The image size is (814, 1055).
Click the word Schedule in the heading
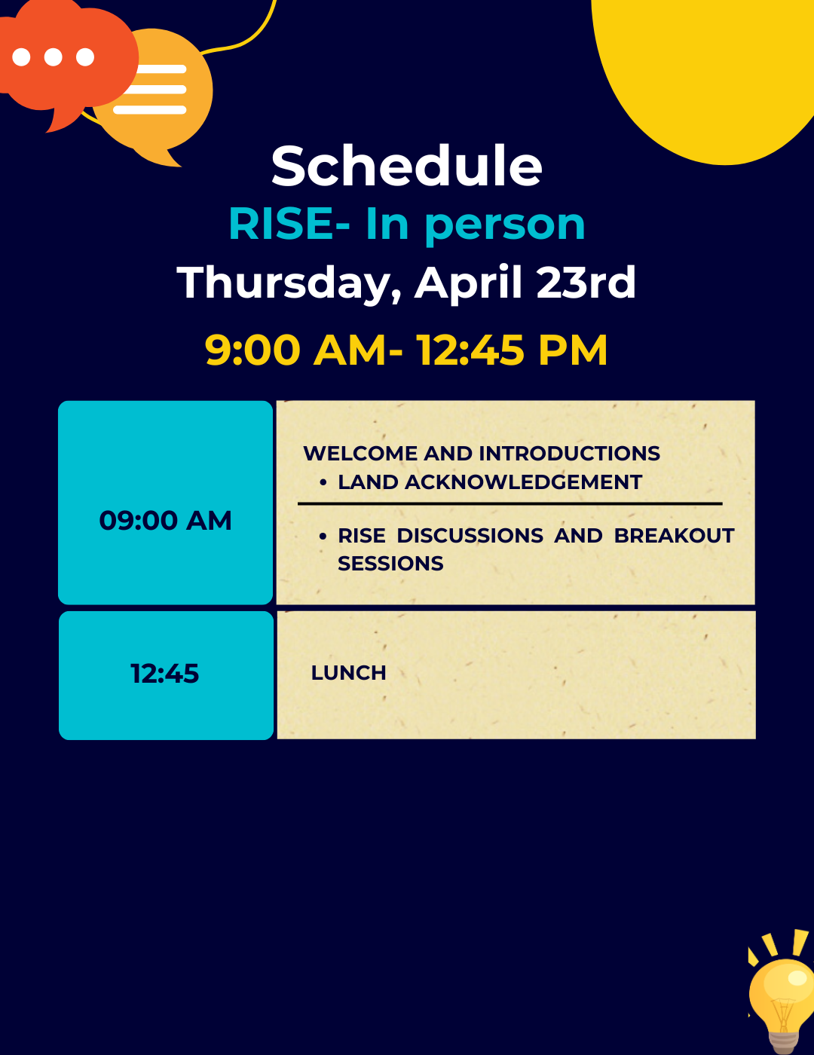pyautogui.click(x=407, y=166)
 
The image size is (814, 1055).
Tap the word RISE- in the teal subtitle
pyautogui.click(x=289, y=225)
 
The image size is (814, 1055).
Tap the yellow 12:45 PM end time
pyautogui.click(x=512, y=350)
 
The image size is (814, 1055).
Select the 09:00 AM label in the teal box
pyautogui.click(x=165, y=521)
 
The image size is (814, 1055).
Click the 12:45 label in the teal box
pyautogui.click(x=164, y=674)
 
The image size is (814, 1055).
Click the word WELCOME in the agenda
pyautogui.click(x=360, y=454)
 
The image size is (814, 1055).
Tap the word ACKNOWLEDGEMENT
pyautogui.click(x=523, y=482)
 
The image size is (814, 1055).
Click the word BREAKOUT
pyautogui.click(x=674, y=536)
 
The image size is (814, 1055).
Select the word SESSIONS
pyautogui.click(x=390, y=564)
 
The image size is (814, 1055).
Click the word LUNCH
pyautogui.click(x=348, y=673)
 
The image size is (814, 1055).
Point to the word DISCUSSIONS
pyautogui.click(x=470, y=536)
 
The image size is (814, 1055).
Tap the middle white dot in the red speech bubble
pyautogui.click(x=53, y=57)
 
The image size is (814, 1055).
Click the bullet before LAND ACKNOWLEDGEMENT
pyautogui.click(x=323, y=483)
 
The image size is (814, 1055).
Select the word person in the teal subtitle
pyautogui.click(x=505, y=225)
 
